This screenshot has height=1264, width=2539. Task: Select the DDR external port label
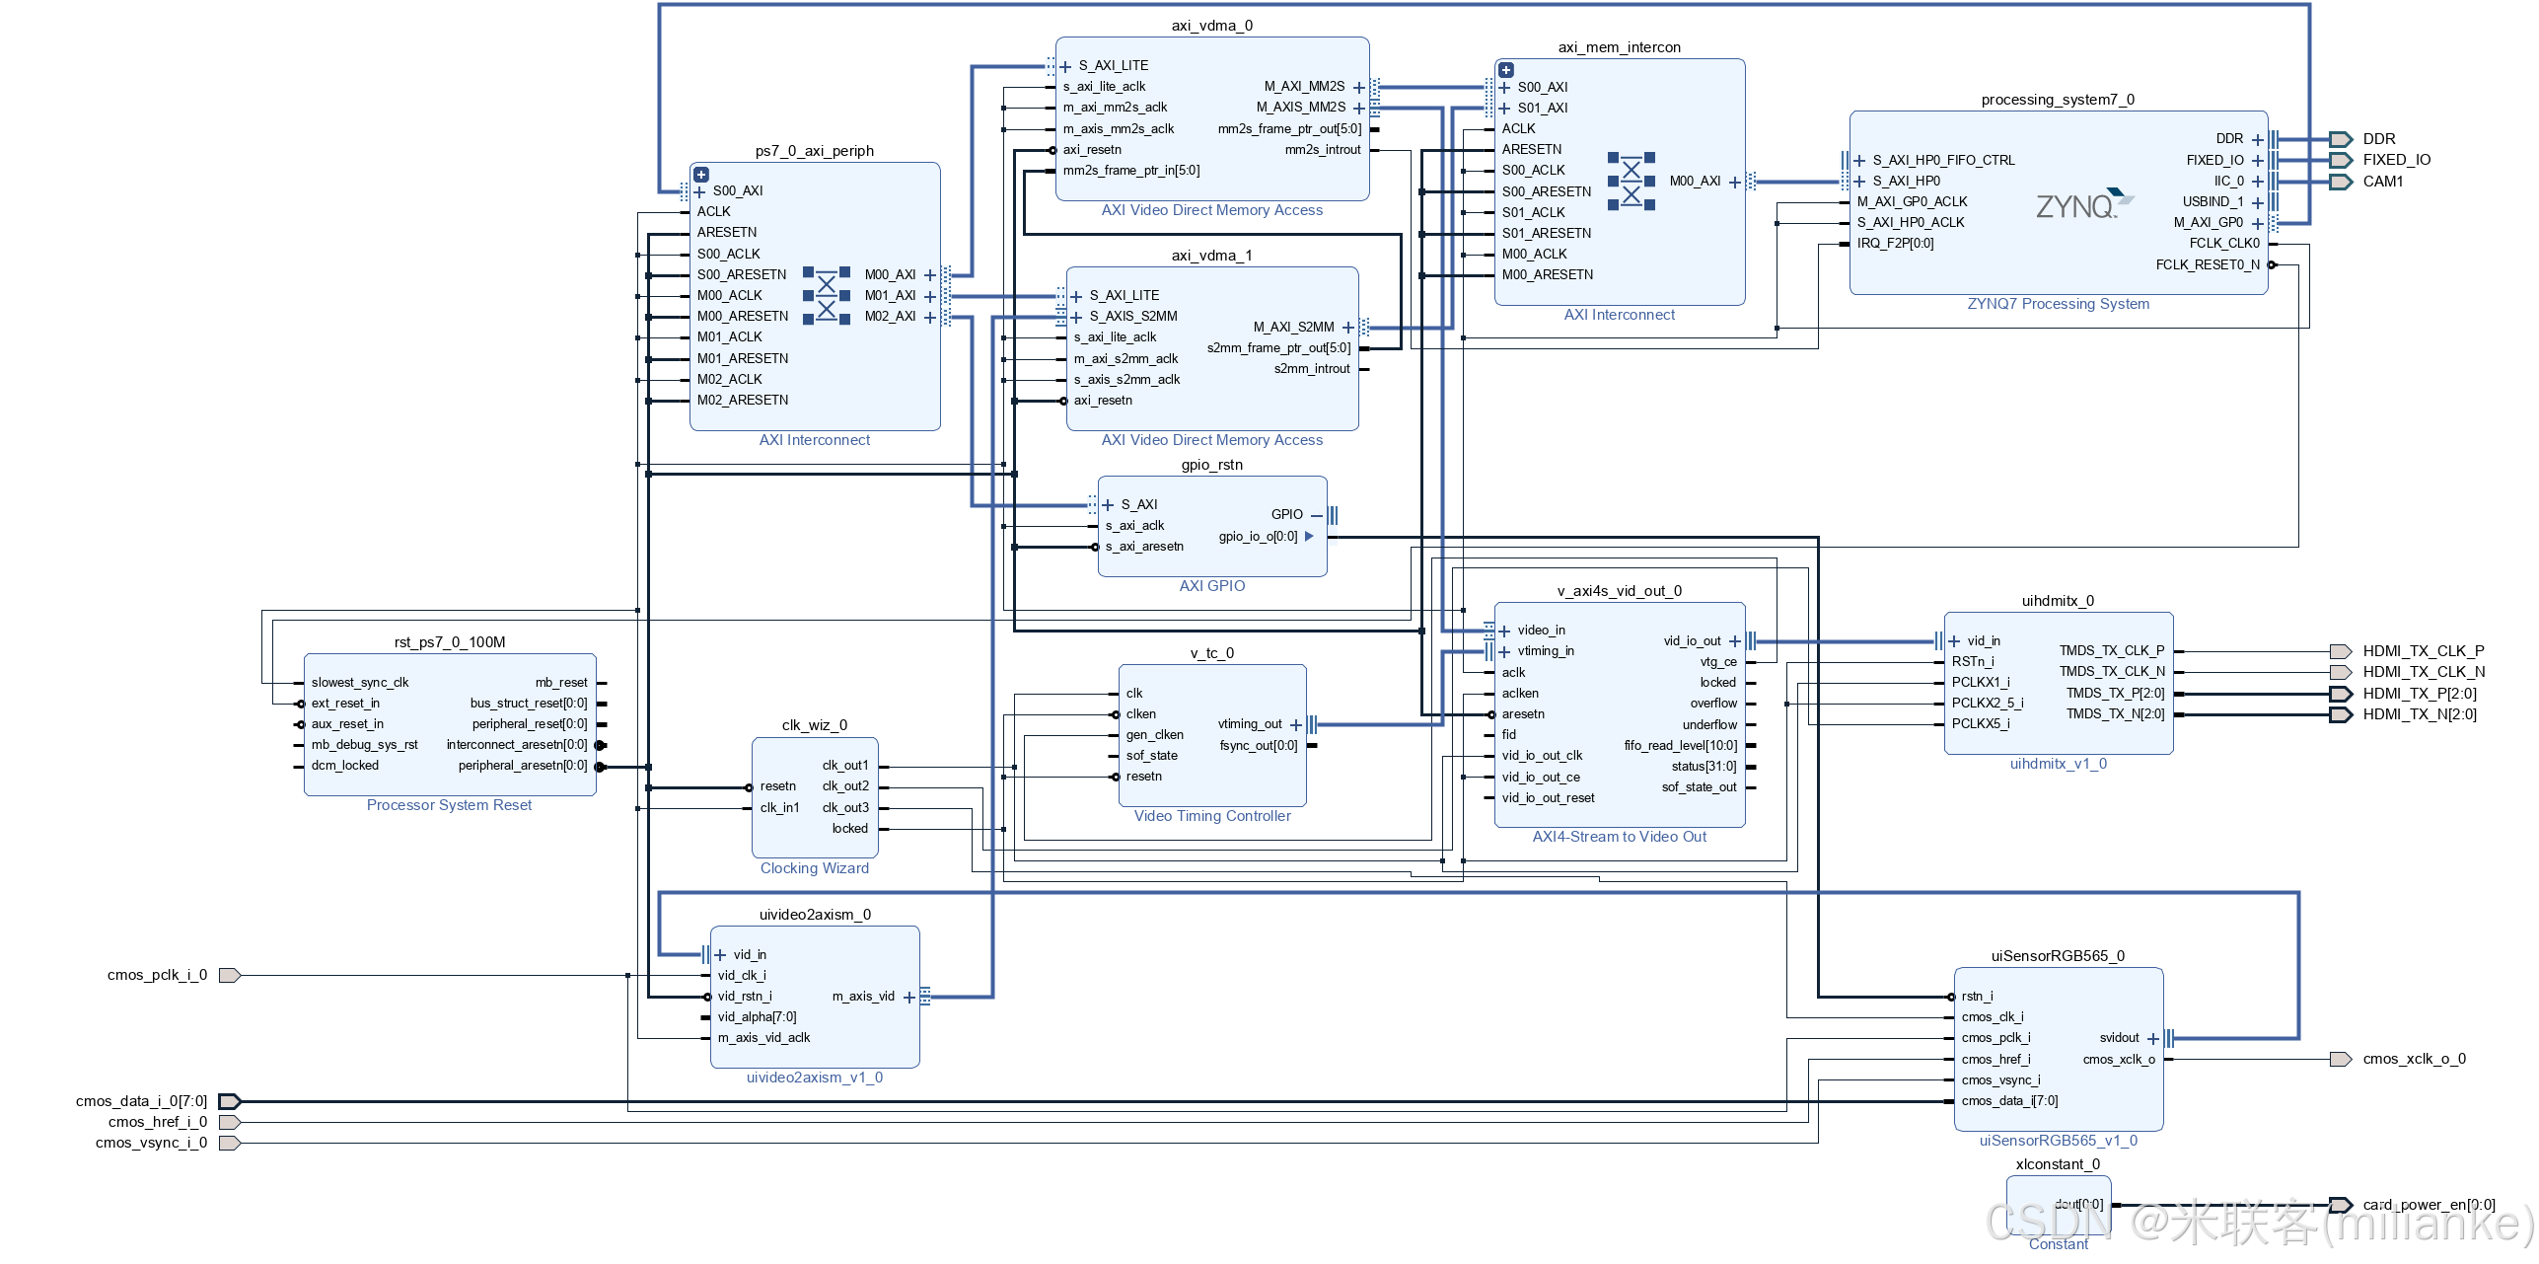point(2378,139)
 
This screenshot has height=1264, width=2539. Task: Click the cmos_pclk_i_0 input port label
point(157,975)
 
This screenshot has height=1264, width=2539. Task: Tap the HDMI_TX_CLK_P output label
point(2423,651)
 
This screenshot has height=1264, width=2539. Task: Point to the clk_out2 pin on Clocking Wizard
point(845,786)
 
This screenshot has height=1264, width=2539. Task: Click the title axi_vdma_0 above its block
point(1211,26)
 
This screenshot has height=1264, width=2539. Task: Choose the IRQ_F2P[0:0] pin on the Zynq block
point(1895,244)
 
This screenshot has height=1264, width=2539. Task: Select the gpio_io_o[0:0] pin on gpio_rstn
point(1258,537)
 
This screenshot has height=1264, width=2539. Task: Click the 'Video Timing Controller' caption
point(1211,816)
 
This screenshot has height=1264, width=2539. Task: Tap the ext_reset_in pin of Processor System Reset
point(345,704)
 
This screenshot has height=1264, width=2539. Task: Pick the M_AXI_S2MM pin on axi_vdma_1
point(1293,327)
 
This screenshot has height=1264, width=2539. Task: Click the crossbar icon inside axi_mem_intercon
point(1631,182)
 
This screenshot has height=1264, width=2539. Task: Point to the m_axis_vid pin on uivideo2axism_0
point(863,997)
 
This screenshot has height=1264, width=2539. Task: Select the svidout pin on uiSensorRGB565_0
point(2119,1038)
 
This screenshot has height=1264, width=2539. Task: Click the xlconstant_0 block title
point(2057,1164)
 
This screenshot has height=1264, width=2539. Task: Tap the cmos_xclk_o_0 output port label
point(2414,1060)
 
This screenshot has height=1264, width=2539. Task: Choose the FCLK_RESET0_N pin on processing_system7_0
point(2207,264)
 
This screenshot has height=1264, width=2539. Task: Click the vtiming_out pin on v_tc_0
point(1250,724)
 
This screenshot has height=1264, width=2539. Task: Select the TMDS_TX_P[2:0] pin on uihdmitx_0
point(2115,694)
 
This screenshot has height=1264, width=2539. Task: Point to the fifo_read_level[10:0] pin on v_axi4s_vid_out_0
point(1680,746)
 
